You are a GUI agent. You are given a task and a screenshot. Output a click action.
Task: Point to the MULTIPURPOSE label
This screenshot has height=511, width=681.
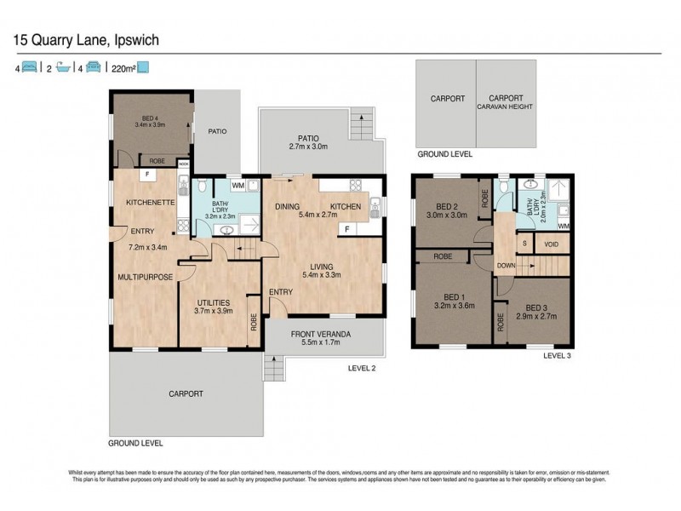point(146,277)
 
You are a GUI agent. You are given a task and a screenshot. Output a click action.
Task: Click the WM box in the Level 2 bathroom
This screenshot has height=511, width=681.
point(238,185)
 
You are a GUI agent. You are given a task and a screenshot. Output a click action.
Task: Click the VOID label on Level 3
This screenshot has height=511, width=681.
point(552,244)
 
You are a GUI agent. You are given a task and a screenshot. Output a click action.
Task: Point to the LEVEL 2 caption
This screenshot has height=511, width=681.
point(362,368)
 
